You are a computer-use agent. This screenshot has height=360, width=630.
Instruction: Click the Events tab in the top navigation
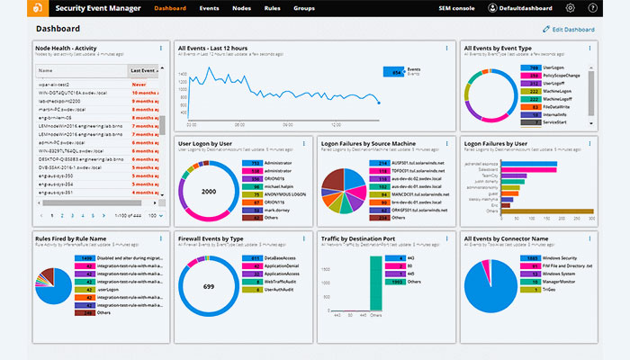coord(209,8)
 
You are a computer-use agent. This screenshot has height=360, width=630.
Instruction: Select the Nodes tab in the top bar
coord(241,8)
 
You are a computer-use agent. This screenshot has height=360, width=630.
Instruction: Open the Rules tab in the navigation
coord(272,8)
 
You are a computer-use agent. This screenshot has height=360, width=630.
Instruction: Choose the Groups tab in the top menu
coord(304,8)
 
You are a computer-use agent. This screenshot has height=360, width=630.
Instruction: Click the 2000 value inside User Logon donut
coord(210,193)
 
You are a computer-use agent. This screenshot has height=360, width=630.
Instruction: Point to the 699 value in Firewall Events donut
coord(210,286)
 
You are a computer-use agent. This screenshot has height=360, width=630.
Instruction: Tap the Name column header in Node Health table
coord(46,69)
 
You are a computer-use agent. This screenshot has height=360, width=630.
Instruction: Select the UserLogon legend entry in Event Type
coord(554,67)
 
